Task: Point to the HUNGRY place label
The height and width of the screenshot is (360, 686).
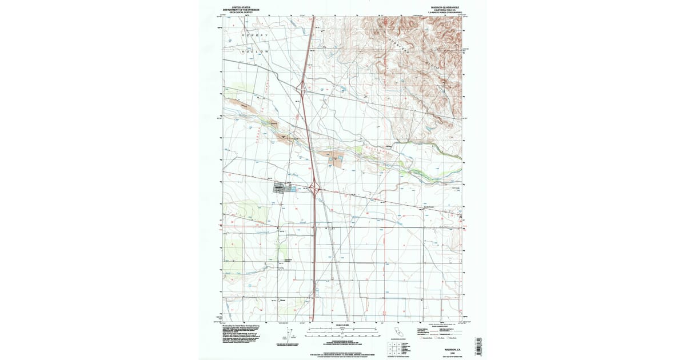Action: pyautogui.click(x=254, y=35)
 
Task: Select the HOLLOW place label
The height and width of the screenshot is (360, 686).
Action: pyautogui.click(x=255, y=51)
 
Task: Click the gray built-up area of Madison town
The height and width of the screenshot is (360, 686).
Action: pyautogui.click(x=280, y=187)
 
